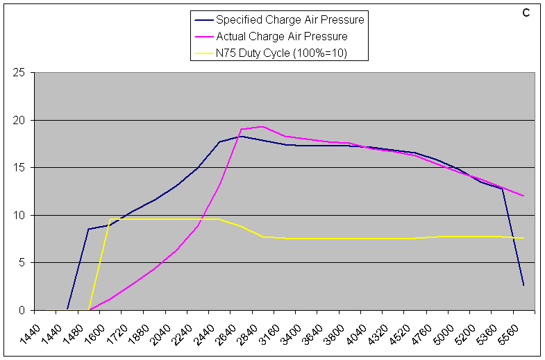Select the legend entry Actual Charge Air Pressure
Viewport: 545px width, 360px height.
(x=281, y=36)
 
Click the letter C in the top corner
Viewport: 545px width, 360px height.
(x=526, y=12)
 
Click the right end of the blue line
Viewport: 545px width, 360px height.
(x=523, y=285)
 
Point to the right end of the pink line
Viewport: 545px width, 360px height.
(x=523, y=196)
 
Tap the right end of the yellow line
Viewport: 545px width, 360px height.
(x=523, y=238)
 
